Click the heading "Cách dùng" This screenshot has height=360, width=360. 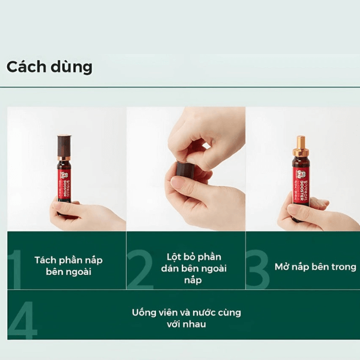click(x=49, y=67)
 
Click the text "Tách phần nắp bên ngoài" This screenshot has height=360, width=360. click(x=68, y=266)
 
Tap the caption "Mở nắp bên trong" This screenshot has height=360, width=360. click(x=315, y=266)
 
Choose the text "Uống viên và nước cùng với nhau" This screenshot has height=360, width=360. click(x=186, y=318)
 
